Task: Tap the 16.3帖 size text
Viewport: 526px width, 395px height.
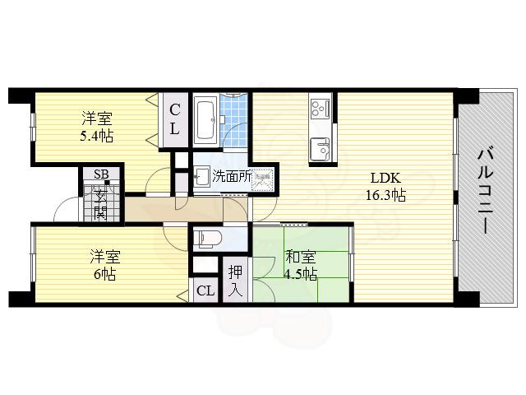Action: pos(385,195)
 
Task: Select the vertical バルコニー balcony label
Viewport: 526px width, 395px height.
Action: pos(484,188)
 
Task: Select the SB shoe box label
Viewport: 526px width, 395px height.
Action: pos(100,174)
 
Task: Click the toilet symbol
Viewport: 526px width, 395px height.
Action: pos(209,238)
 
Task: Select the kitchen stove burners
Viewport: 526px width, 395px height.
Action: pos(319,108)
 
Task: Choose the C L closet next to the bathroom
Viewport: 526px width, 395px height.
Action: pos(175,119)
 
